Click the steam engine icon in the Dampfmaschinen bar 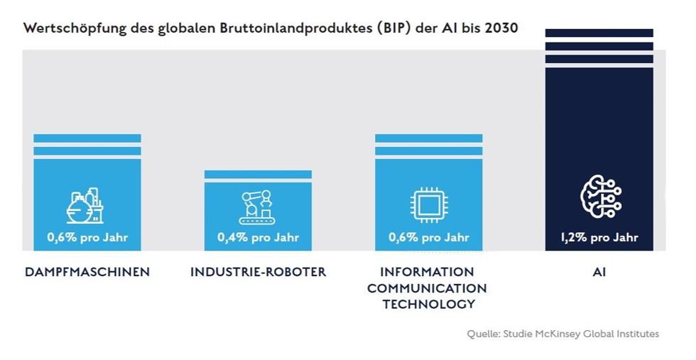click(85, 206)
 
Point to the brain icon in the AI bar click(599, 197)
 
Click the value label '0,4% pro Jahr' click(258, 237)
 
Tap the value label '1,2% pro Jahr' click(599, 237)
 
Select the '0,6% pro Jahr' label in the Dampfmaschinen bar click(87, 237)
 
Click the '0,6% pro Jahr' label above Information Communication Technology click(428, 237)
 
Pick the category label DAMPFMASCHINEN click(87, 272)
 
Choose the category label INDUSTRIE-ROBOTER click(258, 272)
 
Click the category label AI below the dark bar click(599, 272)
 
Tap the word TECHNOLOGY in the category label click(428, 304)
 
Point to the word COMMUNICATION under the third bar click(428, 288)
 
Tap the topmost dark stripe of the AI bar click(599, 33)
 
